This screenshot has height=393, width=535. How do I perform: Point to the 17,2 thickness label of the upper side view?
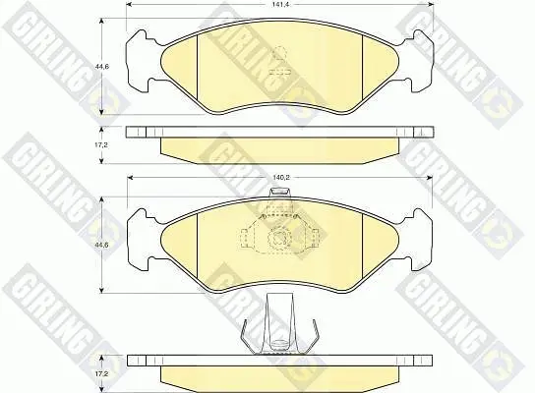[x=101, y=144]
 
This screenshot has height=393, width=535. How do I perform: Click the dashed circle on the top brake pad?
[x=279, y=53]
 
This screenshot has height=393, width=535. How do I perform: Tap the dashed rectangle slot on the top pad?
[x=279, y=73]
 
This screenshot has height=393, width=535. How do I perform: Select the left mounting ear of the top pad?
[x=144, y=61]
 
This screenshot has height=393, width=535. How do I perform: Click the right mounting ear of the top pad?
[x=417, y=61]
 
